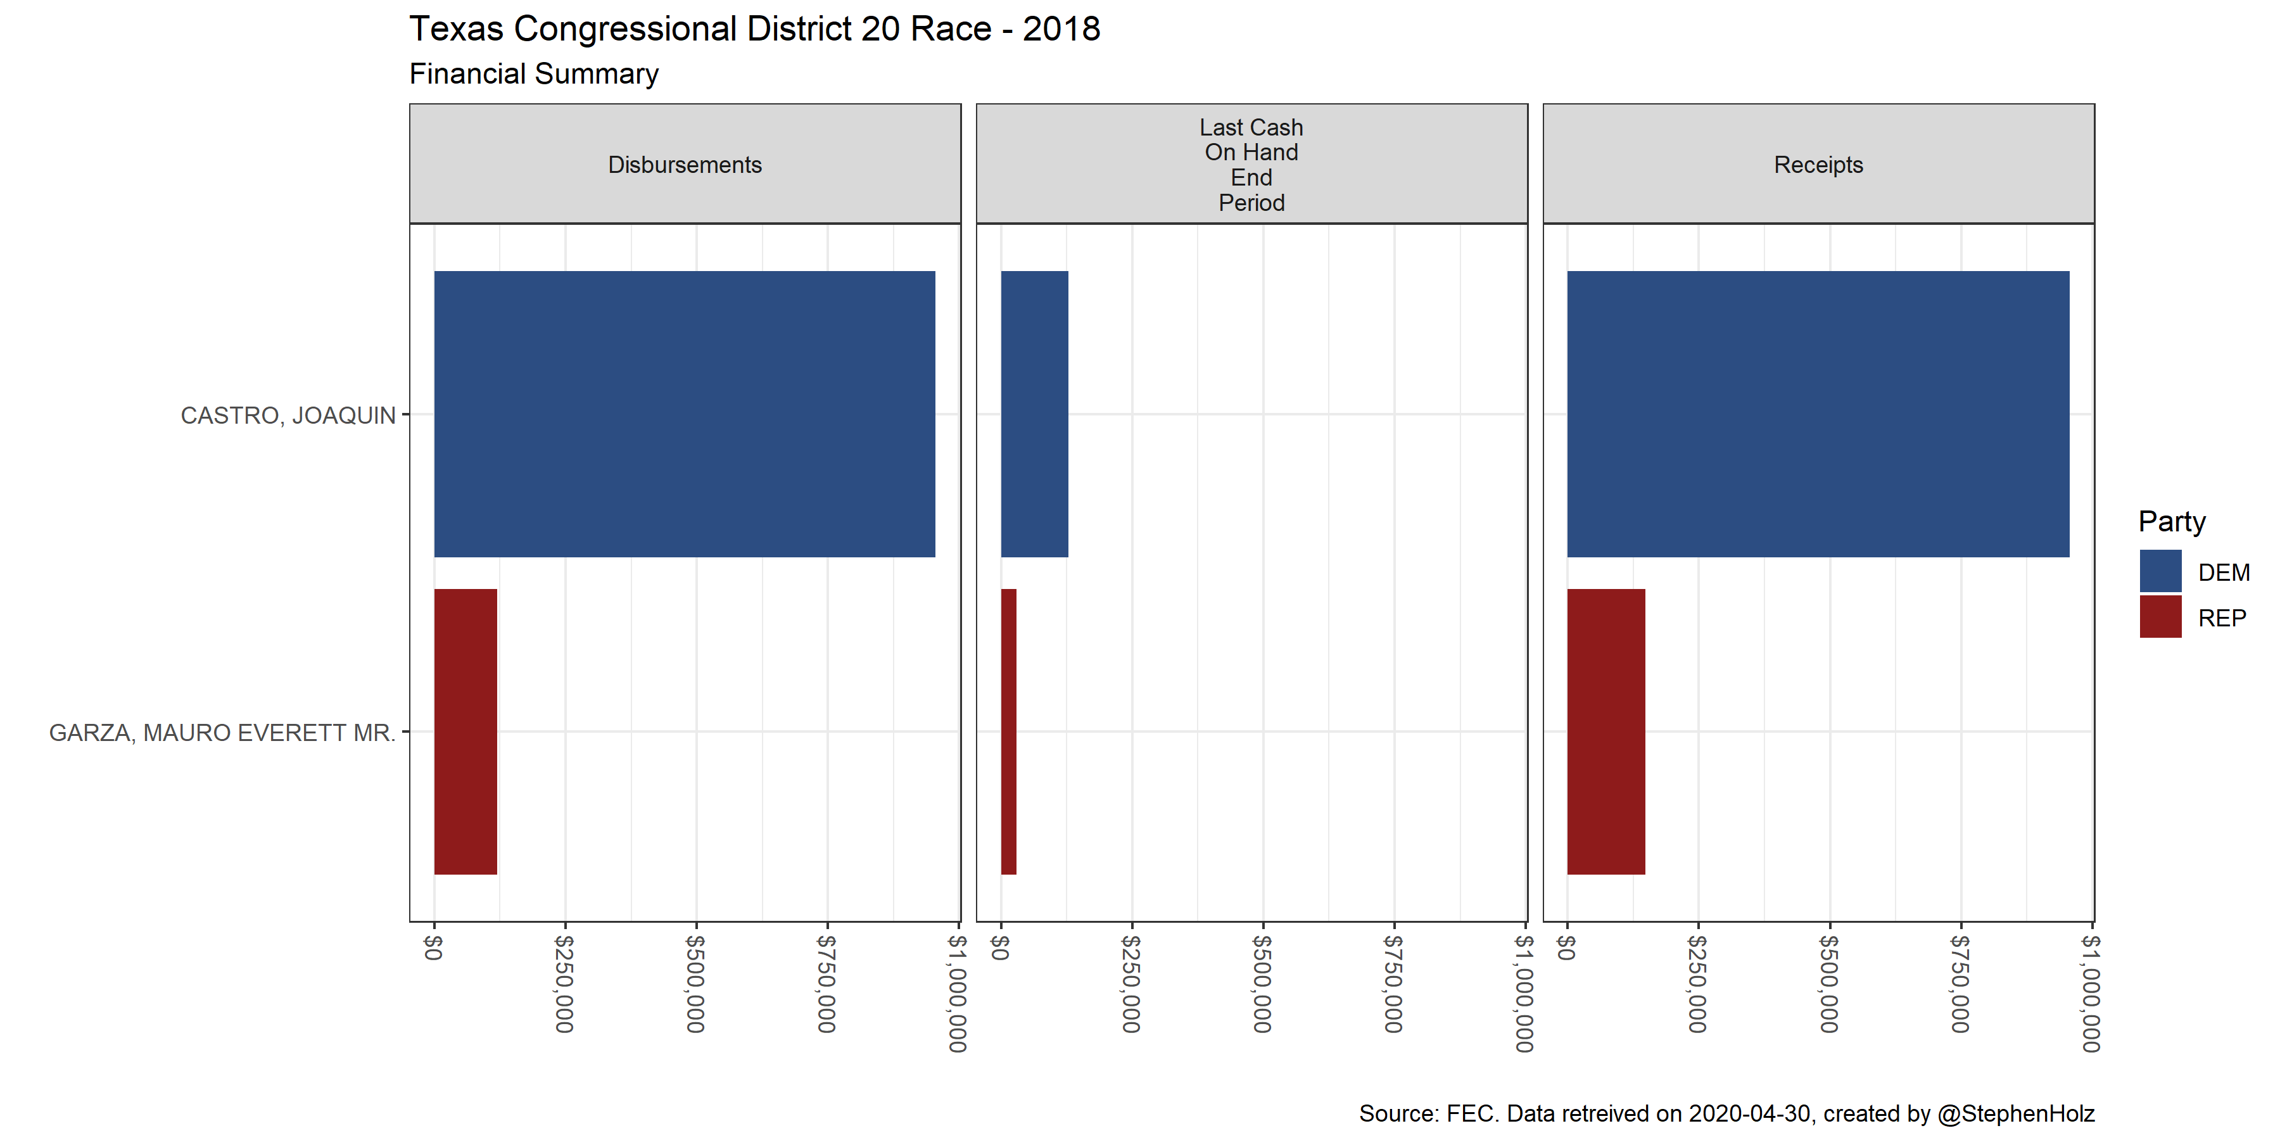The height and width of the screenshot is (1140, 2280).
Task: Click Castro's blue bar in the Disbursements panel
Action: tap(684, 414)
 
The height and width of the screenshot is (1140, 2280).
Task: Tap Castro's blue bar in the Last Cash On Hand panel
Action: tap(1034, 414)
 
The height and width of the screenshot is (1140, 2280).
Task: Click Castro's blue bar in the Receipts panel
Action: tap(1818, 414)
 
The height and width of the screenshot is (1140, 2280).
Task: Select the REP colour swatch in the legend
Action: tap(2160, 617)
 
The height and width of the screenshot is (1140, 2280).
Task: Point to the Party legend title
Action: tap(2171, 521)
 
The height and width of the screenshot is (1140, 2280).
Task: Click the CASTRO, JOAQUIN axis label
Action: tap(288, 415)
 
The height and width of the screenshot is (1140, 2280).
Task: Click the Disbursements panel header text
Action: tap(684, 165)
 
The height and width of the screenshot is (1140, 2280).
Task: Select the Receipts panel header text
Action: tap(1818, 165)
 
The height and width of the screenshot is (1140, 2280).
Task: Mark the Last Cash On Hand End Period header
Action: tap(1251, 165)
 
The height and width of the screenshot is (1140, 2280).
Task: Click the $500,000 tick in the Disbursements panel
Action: tap(695, 984)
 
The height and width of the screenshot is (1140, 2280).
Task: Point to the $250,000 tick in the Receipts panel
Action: tap(1697, 984)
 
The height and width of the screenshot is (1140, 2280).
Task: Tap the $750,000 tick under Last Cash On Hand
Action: tap(1393, 984)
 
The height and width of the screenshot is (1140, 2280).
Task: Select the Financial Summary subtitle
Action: tap(534, 73)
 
